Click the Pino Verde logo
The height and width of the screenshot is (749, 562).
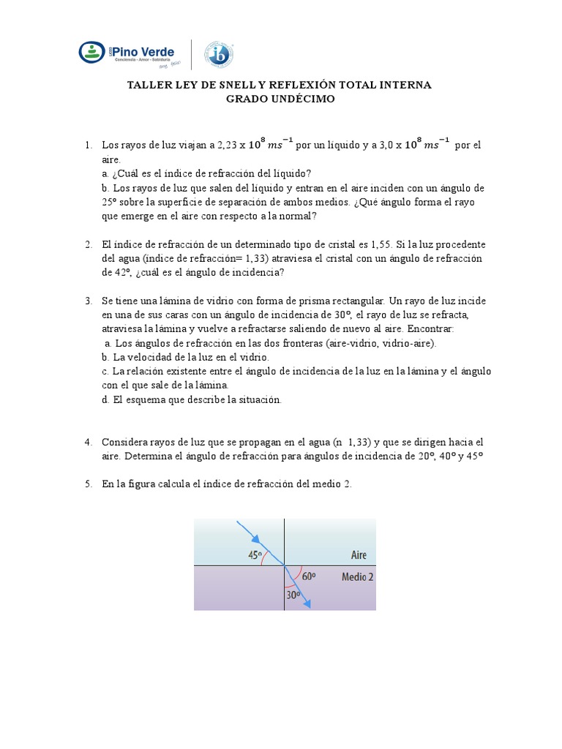pos(126,53)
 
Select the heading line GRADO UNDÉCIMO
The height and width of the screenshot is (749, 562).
pos(280,99)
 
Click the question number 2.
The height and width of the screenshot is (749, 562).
pos(88,244)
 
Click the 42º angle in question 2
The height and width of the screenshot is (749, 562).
pos(112,272)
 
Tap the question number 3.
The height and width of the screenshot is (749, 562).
pos(88,301)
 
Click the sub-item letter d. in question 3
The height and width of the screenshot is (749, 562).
pos(105,399)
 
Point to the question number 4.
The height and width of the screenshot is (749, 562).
pos(88,442)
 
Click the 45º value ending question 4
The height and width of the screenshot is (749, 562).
pos(476,456)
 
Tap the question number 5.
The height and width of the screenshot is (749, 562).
pos(88,484)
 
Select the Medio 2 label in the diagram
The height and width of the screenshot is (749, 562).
pos(358,576)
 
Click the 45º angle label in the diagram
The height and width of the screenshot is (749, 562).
pos(255,555)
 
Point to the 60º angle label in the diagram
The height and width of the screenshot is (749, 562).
pos(308,576)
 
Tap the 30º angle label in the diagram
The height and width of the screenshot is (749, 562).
pos(293,595)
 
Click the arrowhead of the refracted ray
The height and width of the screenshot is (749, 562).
pos(309,603)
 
